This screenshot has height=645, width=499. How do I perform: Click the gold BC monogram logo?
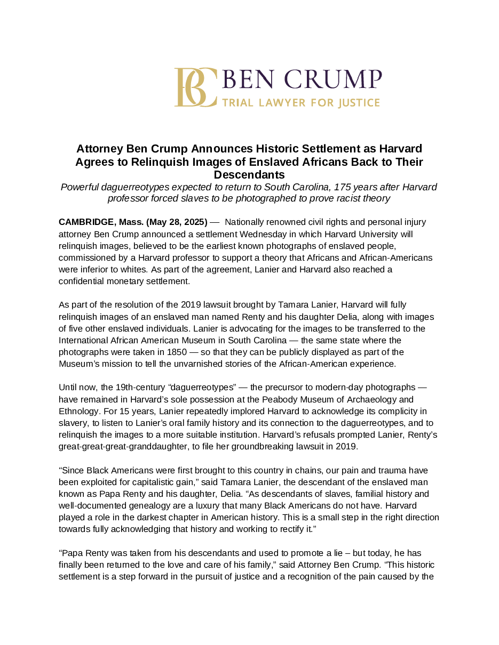tap(195, 87)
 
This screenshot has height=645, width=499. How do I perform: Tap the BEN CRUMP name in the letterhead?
tap(301, 79)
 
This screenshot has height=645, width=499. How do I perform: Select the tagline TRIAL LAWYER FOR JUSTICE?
tap(300, 103)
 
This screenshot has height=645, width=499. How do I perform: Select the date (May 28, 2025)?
tap(177, 222)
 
